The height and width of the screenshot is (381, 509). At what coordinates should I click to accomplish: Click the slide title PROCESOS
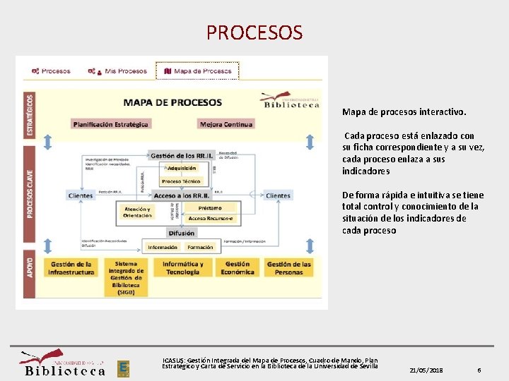[255, 32]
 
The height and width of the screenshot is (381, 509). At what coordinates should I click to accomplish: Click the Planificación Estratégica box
[111, 124]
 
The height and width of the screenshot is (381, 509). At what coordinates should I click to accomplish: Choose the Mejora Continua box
[226, 124]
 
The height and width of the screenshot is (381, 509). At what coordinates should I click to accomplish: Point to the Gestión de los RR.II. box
[182, 155]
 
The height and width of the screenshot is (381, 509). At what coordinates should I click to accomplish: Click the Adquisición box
[182, 169]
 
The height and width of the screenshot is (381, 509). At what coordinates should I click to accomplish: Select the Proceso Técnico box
[182, 181]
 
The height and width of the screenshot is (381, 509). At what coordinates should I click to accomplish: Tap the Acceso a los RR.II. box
[182, 195]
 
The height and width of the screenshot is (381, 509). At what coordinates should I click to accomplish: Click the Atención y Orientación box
[137, 212]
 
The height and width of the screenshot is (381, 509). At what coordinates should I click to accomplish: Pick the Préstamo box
[210, 208]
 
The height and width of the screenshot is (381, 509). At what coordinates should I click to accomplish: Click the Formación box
[200, 248]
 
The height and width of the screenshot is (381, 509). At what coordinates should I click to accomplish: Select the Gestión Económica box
[237, 269]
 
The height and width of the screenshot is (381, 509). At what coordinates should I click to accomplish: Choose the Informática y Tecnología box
[182, 269]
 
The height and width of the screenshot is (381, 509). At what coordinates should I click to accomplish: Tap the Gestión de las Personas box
[288, 269]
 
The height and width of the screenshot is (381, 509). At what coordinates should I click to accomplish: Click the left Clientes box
[81, 195]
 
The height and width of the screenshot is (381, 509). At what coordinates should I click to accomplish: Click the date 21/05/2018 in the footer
[426, 370]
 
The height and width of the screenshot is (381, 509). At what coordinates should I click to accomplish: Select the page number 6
[479, 370]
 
